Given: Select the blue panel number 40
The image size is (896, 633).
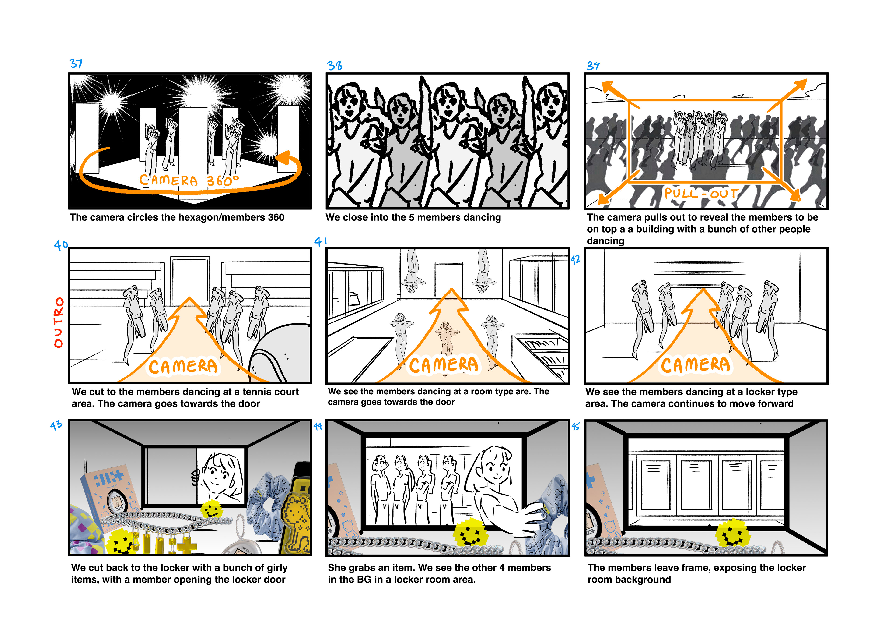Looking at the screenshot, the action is point(61,245).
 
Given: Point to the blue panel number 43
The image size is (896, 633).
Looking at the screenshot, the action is point(56,425).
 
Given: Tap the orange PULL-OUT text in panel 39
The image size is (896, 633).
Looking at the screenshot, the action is point(701,193).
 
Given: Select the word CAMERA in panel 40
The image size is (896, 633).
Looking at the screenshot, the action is point(183,367).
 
